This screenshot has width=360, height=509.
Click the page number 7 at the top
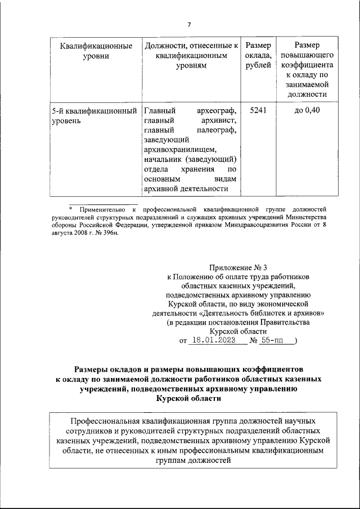point(189,25)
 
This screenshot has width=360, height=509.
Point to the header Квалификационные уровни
point(92,51)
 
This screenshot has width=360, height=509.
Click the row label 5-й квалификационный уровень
point(92,115)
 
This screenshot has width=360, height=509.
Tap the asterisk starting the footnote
point(71,209)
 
